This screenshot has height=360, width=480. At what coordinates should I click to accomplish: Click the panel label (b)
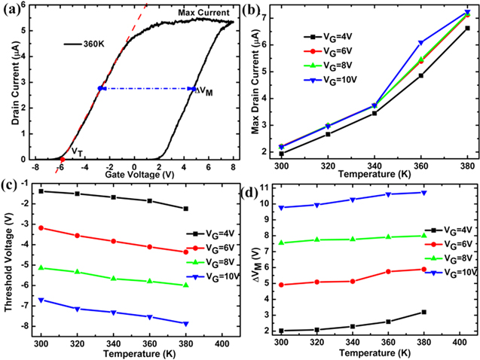263,8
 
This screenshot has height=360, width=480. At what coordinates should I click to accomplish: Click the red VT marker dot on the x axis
62,160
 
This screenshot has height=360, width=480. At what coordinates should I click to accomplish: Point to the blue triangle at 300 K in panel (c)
42,300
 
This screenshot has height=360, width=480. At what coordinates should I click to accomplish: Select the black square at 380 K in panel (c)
185,209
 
